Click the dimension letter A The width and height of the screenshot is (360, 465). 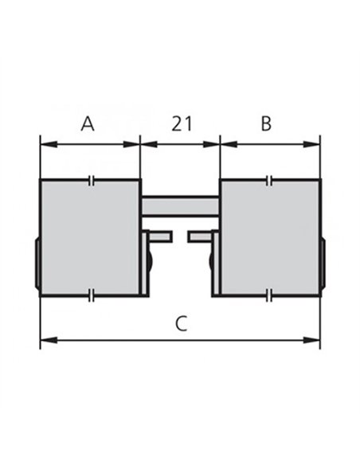[x=88, y=123]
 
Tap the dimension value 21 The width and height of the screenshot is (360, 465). [x=182, y=123]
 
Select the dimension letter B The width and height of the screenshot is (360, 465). [x=266, y=123]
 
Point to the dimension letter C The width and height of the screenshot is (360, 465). [x=181, y=323]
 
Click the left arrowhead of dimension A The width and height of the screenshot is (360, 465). [x=49, y=144]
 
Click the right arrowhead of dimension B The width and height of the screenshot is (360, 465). [x=311, y=144]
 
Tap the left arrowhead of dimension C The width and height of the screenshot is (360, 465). [x=49, y=340]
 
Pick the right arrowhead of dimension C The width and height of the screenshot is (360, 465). [x=311, y=340]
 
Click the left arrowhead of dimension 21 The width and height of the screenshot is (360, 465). [x=149, y=144]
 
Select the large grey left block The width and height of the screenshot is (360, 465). [x=90, y=238]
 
